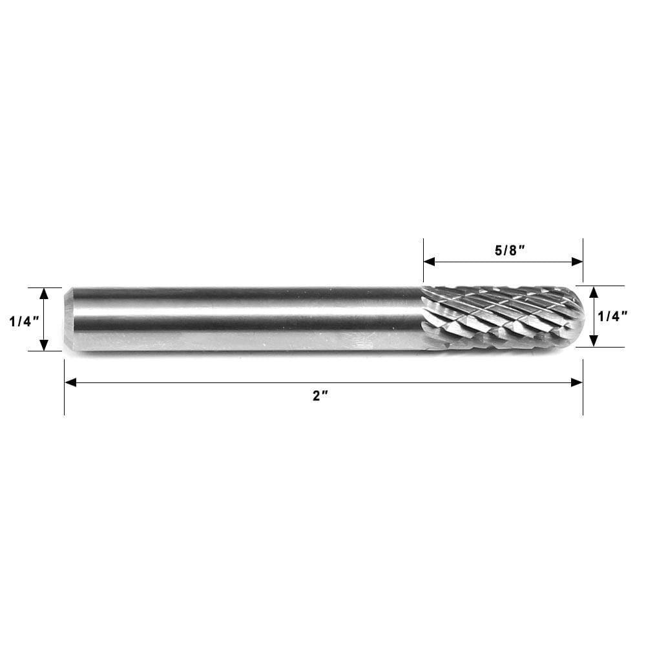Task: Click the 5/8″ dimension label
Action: click(509, 251)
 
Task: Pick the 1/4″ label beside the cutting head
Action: click(613, 316)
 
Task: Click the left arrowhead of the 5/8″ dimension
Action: click(429, 262)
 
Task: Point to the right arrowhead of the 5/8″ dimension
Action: click(578, 262)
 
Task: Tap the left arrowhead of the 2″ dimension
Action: click(70, 382)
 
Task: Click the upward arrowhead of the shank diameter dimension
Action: click(44, 293)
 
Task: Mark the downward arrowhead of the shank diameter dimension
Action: click(44, 345)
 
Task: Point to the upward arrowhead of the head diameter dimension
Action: click(594, 292)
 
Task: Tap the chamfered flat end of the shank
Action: click(68, 319)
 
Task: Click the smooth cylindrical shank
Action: click(245, 319)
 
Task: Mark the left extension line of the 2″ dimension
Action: click(65, 394)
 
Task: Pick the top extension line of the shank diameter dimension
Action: click(45, 287)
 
